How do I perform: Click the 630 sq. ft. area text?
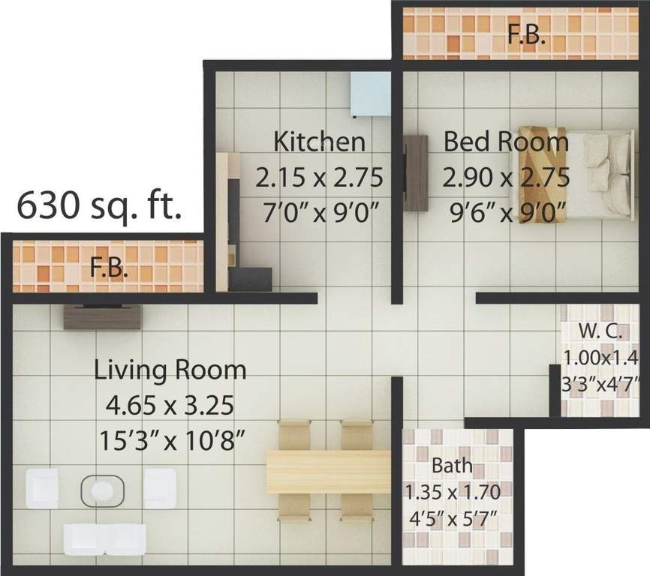(99, 204)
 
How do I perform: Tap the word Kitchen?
(319, 141)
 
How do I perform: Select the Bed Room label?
(505, 141)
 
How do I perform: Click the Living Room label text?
(170, 370)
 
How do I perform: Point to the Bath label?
(452, 466)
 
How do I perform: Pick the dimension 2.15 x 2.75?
(319, 178)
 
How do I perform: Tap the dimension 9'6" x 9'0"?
(505, 213)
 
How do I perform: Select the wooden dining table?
(329, 472)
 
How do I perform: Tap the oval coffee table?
(101, 490)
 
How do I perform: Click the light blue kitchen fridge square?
(371, 92)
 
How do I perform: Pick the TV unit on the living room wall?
(101, 316)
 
